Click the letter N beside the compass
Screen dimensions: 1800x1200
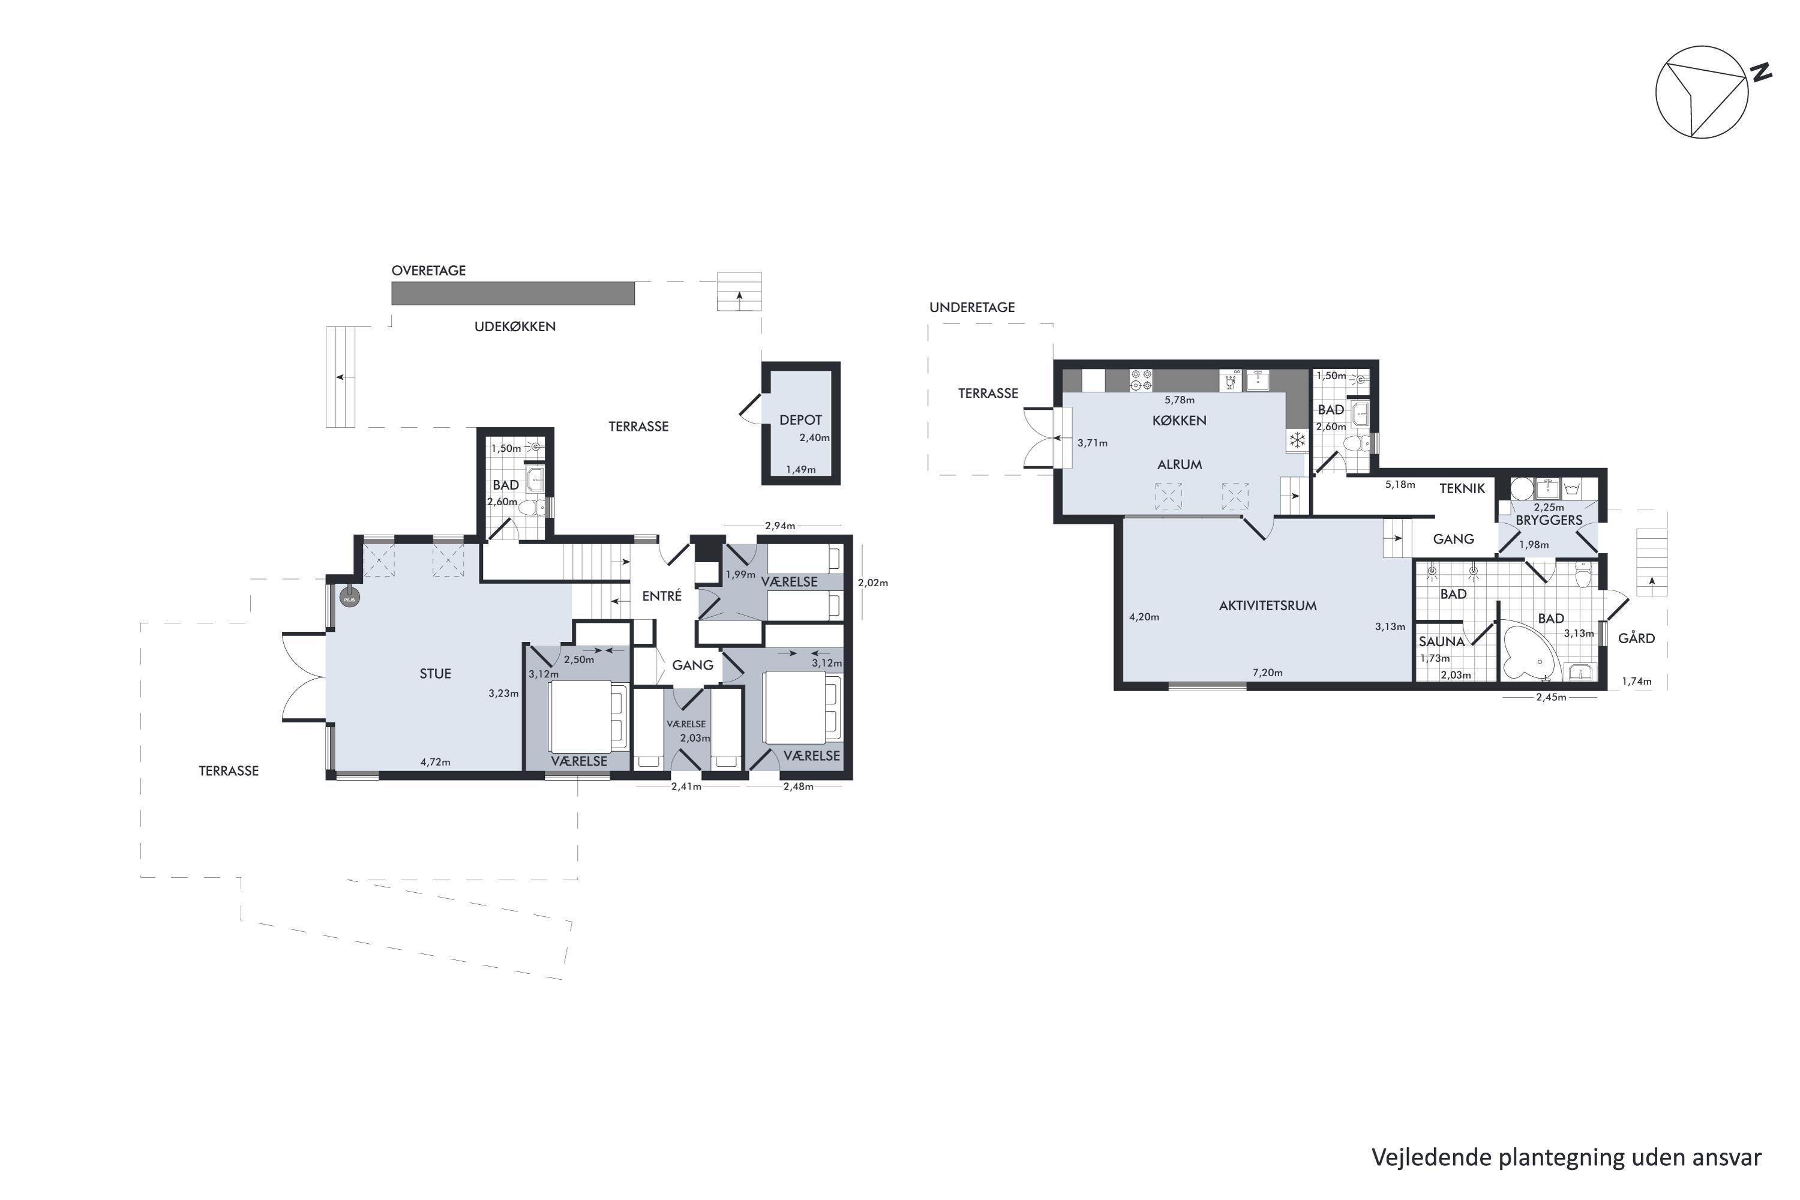[x=1761, y=72]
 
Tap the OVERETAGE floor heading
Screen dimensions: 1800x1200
[x=428, y=270]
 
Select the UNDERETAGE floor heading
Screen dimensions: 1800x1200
[x=972, y=307]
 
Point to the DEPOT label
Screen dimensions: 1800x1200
[x=800, y=419]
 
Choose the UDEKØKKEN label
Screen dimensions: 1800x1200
[x=515, y=326]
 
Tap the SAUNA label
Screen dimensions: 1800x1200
[x=1441, y=641]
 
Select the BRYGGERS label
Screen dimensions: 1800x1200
[x=1549, y=520]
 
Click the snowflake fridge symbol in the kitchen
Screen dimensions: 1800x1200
[x=1297, y=440]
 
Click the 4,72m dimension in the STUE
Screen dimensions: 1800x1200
[x=436, y=761]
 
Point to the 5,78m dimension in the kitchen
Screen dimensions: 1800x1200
[x=1180, y=400]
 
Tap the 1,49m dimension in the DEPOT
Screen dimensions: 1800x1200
[x=800, y=469]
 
